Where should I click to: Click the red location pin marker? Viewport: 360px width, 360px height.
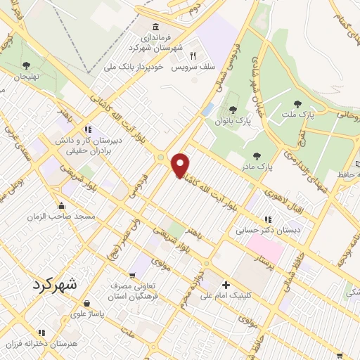tap(181, 165)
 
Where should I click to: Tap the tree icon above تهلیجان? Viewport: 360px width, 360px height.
tap(27, 65)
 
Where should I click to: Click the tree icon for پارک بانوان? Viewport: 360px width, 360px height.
tap(233, 110)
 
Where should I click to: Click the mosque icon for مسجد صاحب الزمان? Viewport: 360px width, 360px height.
tap(61, 207)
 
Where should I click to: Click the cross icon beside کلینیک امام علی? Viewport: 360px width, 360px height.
tap(225, 285)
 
